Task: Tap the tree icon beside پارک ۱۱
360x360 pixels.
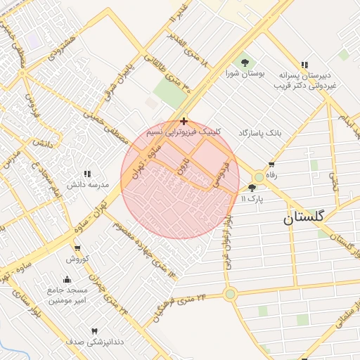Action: [x=252, y=187]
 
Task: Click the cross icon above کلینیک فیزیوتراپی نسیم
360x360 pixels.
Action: [x=184, y=121]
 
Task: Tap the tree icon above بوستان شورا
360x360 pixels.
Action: [x=245, y=63]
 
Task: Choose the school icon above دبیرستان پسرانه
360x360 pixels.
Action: [x=304, y=64]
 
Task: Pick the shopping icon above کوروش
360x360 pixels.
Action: [x=77, y=248]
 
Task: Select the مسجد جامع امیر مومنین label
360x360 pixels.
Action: [x=67, y=295]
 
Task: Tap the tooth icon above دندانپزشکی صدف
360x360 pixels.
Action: [x=94, y=330]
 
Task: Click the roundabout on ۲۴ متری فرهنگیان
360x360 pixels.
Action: [x=229, y=294]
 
